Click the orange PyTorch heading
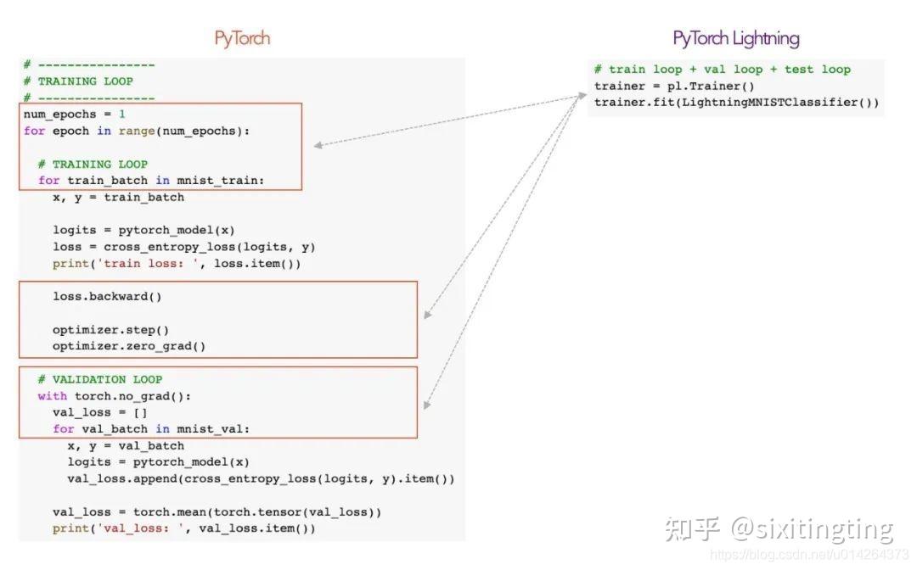pos(242,38)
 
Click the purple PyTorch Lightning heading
pos(735,38)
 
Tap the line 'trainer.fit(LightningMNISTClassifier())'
pos(736,103)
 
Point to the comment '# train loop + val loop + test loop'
pos(722,70)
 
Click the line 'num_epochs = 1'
pos(75,114)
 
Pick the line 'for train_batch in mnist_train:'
pos(151,180)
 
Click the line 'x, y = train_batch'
pos(118,197)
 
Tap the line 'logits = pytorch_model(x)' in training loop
pos(143,230)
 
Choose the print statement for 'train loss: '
pos(177,263)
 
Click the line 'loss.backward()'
pos(107,296)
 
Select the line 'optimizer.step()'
pos(110,329)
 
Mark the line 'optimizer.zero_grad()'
pos(129,346)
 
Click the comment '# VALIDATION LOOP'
pos(99,379)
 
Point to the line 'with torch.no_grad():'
pos(115,396)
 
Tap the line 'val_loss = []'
pos(100,412)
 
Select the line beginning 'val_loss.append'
pos(261,478)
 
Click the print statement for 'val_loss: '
pos(183,528)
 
